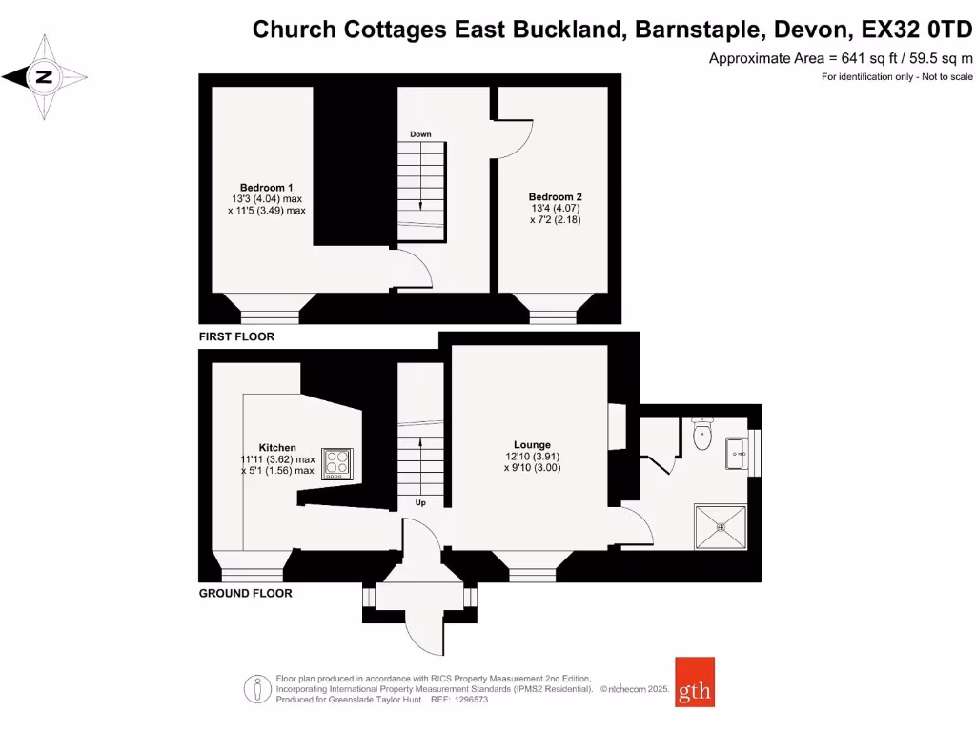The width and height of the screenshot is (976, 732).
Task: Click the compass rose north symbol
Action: (x=44, y=77)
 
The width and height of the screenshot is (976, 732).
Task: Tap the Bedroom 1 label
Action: (x=266, y=187)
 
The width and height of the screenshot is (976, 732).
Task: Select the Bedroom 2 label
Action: (x=556, y=196)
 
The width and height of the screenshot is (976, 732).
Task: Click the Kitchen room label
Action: (x=277, y=447)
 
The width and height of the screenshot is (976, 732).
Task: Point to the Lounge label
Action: (x=532, y=445)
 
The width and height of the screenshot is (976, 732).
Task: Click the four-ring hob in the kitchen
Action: (x=337, y=462)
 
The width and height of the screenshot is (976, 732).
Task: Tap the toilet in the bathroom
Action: (x=702, y=434)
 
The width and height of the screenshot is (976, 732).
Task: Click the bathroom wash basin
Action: (x=738, y=454)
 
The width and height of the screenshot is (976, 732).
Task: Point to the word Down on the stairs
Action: (x=420, y=134)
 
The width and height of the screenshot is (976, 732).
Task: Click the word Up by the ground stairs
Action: (x=420, y=501)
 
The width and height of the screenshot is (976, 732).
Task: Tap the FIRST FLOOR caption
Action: (x=236, y=336)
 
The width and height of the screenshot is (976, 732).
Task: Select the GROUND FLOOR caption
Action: (x=245, y=593)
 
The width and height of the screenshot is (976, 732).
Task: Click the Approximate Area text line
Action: (x=841, y=58)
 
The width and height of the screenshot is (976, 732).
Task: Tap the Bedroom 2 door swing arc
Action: (x=520, y=141)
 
